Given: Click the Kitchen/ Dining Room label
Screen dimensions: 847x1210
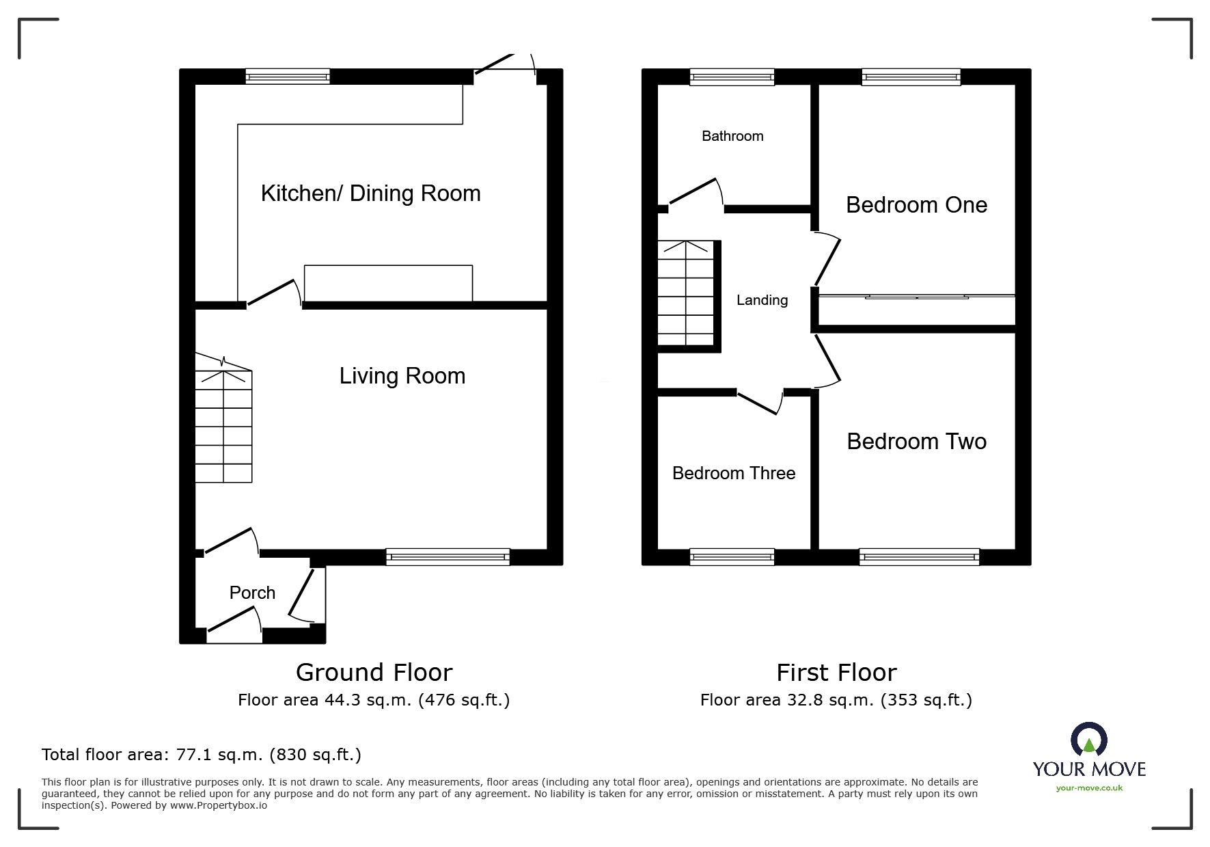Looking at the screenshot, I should [370, 193].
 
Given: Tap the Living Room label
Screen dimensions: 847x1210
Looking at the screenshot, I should [402, 376].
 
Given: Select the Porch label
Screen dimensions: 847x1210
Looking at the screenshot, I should [252, 593].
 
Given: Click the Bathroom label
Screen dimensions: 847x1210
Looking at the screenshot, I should [732, 136].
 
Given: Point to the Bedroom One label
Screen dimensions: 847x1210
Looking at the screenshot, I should [916, 205].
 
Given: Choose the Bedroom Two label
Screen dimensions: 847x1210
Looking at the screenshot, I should [916, 442].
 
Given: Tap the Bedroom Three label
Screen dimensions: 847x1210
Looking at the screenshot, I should [734, 473].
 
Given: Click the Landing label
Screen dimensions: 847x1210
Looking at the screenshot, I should [762, 300].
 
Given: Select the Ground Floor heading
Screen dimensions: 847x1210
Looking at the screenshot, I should [374, 673].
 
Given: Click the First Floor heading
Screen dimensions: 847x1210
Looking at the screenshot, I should [836, 673].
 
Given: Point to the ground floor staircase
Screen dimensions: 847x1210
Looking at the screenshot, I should [224, 424].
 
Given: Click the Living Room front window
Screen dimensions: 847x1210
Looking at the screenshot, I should [448, 557].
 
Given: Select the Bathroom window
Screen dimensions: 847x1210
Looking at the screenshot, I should [732, 77].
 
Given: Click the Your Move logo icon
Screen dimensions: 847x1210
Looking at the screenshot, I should [1088, 740].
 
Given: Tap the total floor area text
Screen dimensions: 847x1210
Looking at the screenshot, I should [202, 755].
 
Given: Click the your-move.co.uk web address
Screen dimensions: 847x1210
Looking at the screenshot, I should [1089, 788].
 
